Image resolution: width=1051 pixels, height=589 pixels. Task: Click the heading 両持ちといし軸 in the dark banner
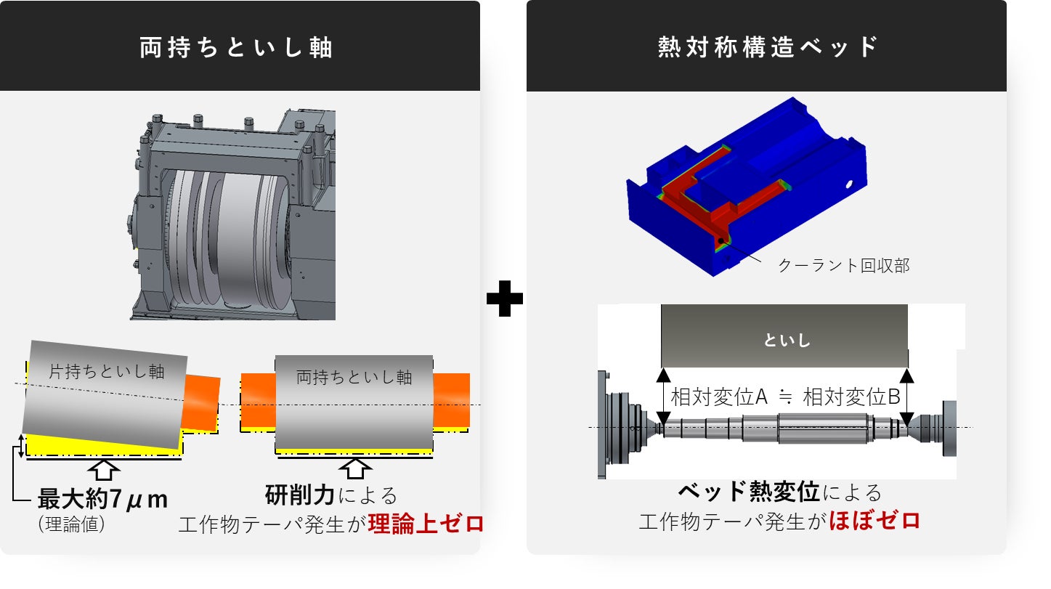[236, 47]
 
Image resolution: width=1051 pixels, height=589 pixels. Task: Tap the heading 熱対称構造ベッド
[768, 47]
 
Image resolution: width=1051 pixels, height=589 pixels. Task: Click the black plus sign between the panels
[504, 298]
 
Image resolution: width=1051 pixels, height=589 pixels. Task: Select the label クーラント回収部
[843, 266]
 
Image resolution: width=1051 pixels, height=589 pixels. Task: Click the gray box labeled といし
[784, 336]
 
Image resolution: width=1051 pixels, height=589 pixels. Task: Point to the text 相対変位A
[719, 397]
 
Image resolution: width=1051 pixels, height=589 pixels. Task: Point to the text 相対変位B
[851, 397]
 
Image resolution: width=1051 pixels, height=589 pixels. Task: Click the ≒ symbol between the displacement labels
[785, 397]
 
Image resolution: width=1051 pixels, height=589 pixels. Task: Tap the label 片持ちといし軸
[107, 372]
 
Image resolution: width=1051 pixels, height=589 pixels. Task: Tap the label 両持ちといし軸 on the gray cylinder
[354, 378]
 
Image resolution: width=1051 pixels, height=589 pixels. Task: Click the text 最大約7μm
[102, 498]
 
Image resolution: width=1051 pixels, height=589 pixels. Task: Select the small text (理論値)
[71, 524]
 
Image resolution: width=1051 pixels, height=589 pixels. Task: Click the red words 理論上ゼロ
[426, 524]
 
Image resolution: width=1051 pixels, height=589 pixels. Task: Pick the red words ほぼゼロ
[874, 521]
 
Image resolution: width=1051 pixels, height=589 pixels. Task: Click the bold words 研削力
[300, 495]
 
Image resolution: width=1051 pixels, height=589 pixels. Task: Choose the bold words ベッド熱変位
[749, 492]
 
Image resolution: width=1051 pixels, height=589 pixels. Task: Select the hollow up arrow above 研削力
[355, 468]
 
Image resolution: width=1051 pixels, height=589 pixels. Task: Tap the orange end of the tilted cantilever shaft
[200, 402]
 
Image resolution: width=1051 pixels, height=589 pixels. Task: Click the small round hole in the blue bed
[849, 184]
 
